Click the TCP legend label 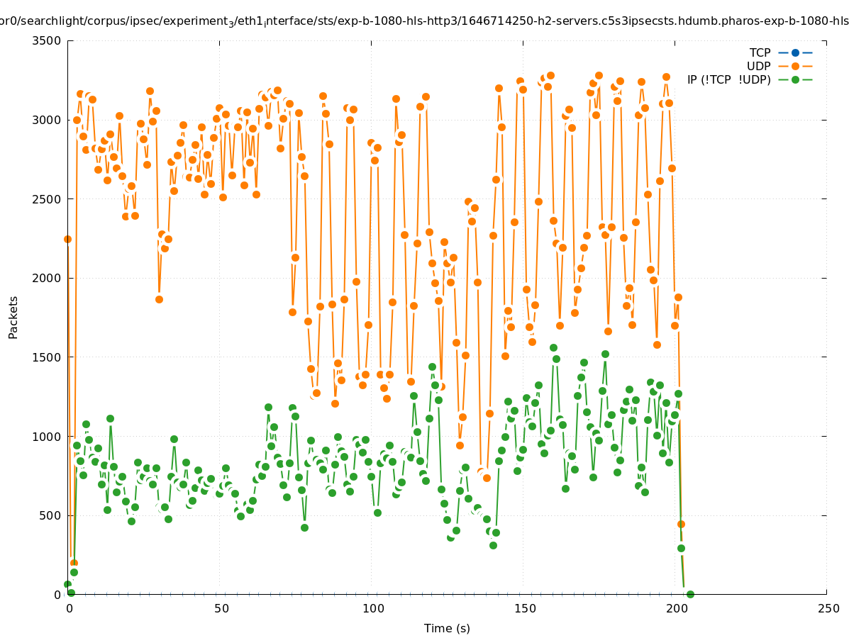point(760,53)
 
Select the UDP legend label point(759,67)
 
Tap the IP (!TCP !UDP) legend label point(728,80)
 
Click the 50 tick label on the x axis point(221,609)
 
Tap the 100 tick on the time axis point(373,609)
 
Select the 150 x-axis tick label point(525,609)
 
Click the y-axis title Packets point(13,317)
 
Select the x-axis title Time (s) point(447,629)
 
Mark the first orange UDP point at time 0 point(68,239)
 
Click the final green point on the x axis point(690,594)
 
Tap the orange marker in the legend point(795,67)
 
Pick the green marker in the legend point(795,80)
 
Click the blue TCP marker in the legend point(795,53)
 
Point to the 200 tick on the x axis point(677,609)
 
